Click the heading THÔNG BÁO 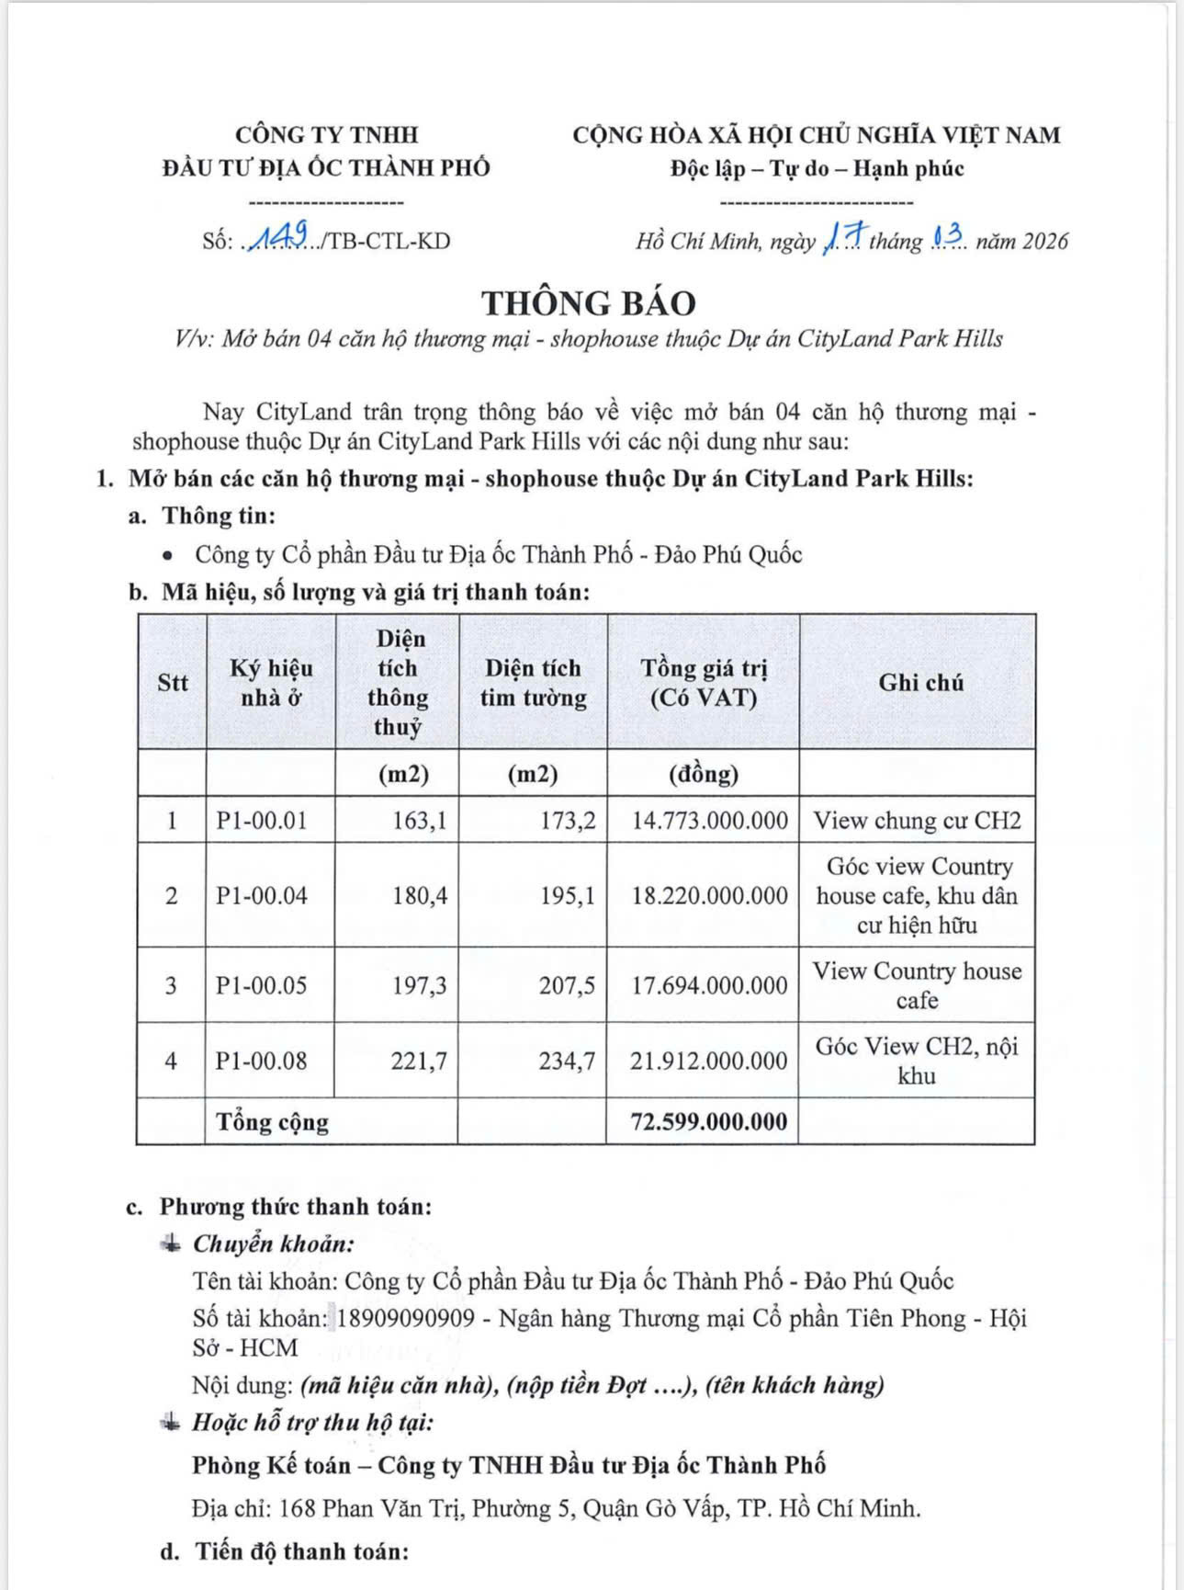pyautogui.click(x=589, y=302)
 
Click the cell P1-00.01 pyautogui.click(x=262, y=820)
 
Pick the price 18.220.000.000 pyautogui.click(x=709, y=895)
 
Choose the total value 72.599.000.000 pyautogui.click(x=708, y=1121)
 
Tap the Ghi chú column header pyautogui.click(x=920, y=682)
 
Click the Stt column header pyautogui.click(x=173, y=682)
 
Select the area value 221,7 pyautogui.click(x=419, y=1061)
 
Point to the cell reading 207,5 pyautogui.click(x=567, y=985)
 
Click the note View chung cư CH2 pyautogui.click(x=917, y=820)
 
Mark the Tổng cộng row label pyautogui.click(x=272, y=1121)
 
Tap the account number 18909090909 pyautogui.click(x=406, y=1318)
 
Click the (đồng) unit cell pyautogui.click(x=704, y=774)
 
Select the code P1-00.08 pyautogui.click(x=262, y=1061)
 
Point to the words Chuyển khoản pyautogui.click(x=273, y=1244)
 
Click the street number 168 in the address pyautogui.click(x=298, y=1508)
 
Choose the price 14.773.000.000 pyautogui.click(x=709, y=820)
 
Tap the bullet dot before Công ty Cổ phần pyautogui.click(x=167, y=555)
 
